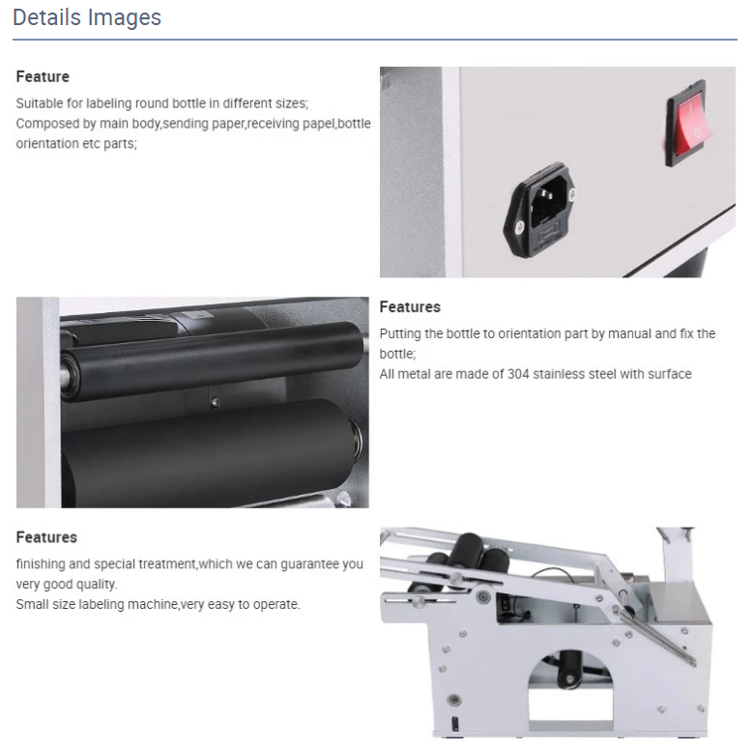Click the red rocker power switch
688,123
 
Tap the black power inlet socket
539,211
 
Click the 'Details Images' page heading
87,17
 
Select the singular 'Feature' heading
43,76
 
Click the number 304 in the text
518,374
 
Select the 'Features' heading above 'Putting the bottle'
410,307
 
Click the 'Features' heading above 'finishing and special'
46,537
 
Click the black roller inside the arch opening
570,670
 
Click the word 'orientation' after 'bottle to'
529,333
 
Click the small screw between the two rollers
216,403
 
